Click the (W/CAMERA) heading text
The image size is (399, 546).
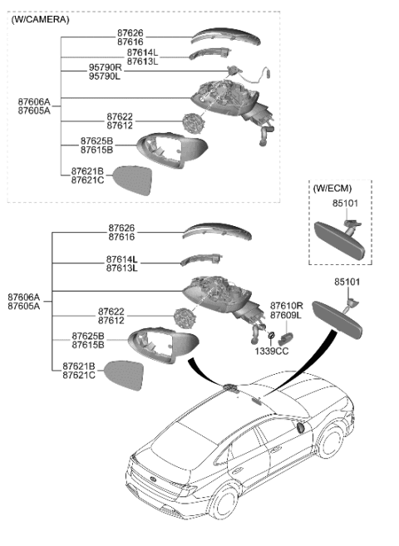pos(41,19)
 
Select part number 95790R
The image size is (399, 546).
pos(105,66)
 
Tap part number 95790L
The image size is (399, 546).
pos(105,76)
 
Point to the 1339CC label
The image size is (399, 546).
pos(271,352)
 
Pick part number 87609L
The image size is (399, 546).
pos(286,316)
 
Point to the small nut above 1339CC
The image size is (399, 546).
pos(271,337)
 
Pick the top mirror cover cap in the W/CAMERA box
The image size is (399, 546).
pos(225,37)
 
